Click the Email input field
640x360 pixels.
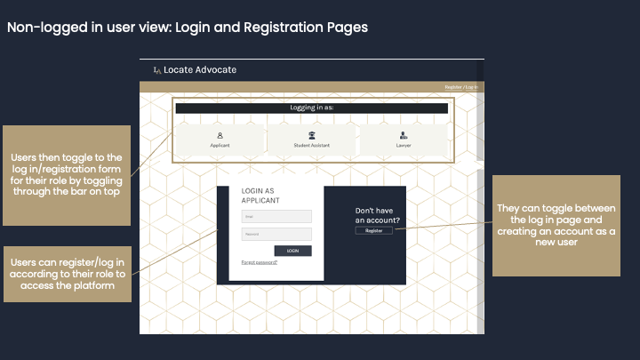click(276, 216)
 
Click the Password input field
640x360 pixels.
click(276, 234)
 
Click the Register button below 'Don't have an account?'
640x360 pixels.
click(373, 230)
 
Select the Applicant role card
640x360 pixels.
click(220, 140)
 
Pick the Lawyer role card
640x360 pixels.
click(404, 140)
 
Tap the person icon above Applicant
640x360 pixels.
click(220, 135)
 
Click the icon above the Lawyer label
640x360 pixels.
click(404, 135)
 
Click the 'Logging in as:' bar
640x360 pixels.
click(311, 108)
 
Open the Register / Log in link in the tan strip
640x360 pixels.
click(460, 87)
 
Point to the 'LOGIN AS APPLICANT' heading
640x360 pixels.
click(259, 196)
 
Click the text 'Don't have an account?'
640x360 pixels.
click(377, 215)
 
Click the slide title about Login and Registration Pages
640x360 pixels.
click(187, 27)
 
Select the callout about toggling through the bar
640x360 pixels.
click(67, 174)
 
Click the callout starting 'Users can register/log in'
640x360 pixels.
click(67, 274)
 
